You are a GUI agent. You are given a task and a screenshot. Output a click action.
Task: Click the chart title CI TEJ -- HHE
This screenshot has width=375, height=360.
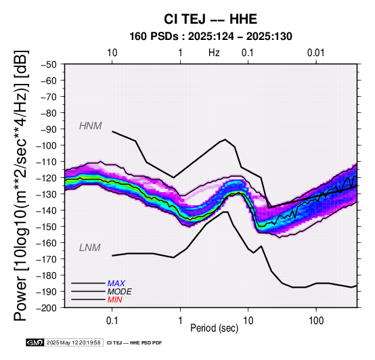pyautogui.click(x=211, y=19)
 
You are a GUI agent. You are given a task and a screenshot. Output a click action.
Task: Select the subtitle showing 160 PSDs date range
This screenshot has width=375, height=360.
pyautogui.click(x=211, y=37)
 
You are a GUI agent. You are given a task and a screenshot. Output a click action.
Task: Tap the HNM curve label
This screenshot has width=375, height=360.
pyautogui.click(x=91, y=126)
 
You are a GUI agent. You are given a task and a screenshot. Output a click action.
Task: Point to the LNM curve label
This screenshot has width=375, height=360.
pyautogui.click(x=89, y=248)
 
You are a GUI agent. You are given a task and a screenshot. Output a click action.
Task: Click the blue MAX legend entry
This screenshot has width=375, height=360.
pyautogui.click(x=116, y=284)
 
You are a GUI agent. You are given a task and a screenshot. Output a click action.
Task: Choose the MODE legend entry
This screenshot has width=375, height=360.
pyautogui.click(x=119, y=292)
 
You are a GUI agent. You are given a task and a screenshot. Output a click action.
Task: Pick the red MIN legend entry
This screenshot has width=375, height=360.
pyautogui.click(x=114, y=300)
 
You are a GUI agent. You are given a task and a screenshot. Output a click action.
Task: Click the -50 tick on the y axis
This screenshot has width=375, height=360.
pyautogui.click(x=49, y=64)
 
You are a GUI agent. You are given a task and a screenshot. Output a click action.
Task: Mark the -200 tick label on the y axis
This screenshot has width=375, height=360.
pyautogui.click(x=47, y=308)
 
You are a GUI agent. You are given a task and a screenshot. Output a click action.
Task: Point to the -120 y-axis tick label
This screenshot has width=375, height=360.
pyautogui.click(x=47, y=178)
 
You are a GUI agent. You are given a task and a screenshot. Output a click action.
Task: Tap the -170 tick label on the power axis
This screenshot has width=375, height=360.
pyautogui.click(x=47, y=259)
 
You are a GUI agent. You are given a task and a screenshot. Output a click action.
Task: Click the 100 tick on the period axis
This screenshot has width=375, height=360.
pyautogui.click(x=316, y=321)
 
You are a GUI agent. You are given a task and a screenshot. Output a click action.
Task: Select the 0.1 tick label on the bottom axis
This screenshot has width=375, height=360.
pyautogui.click(x=112, y=321)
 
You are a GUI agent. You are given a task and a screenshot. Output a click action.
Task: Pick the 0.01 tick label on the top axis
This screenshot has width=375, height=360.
pyautogui.click(x=316, y=53)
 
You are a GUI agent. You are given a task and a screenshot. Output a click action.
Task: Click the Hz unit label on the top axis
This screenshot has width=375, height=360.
pyautogui.click(x=214, y=53)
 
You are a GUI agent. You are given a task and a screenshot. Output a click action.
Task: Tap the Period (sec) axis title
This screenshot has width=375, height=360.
pyautogui.click(x=215, y=328)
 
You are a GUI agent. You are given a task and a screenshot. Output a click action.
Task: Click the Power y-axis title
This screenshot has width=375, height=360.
pyautogui.click(x=21, y=185)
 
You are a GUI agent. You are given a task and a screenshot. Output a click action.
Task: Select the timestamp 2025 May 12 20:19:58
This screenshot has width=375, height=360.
pyautogui.click(x=73, y=343)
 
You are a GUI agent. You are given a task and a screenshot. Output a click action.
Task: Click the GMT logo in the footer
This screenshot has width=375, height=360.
pyautogui.click(x=35, y=343)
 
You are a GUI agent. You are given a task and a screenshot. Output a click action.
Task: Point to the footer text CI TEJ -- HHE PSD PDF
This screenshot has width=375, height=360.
pyautogui.click(x=135, y=343)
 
